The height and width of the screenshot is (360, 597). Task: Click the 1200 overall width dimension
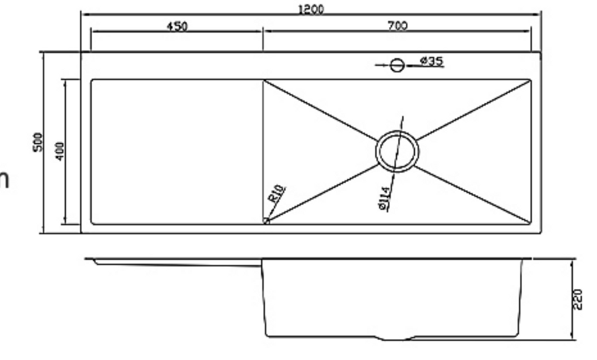(x=311, y=9)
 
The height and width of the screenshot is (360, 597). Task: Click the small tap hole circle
(x=397, y=65)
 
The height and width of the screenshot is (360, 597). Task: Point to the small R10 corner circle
(x=266, y=221)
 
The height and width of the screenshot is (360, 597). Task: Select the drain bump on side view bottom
(x=397, y=338)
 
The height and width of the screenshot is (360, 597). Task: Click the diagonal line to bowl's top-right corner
(x=472, y=110)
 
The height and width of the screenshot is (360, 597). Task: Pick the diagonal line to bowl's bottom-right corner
(x=472, y=193)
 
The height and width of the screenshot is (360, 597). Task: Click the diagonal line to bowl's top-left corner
(x=321, y=110)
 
